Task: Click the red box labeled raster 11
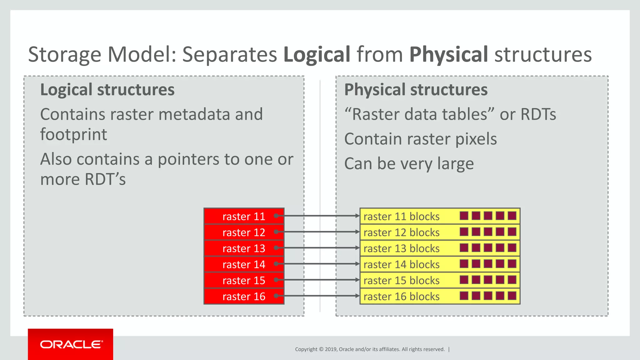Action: pos(244,216)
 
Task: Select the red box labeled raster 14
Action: pos(244,264)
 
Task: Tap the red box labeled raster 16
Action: pos(244,296)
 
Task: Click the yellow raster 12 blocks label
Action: pos(402,232)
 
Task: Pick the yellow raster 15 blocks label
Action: pos(402,281)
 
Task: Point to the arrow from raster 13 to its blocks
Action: pos(322,248)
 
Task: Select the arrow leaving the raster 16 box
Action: pos(322,296)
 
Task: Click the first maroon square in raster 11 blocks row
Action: pos(464,216)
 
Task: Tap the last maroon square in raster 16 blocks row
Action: pos(512,296)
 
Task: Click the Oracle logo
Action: pos(71,344)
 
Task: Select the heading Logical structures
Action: pos(107,90)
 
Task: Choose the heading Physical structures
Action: pos(416,90)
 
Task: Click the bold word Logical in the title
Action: pos(317,54)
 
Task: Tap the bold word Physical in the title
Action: pos(448,54)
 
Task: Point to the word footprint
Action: pos(73,134)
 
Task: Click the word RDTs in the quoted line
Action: pos(538,114)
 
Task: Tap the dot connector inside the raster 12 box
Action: pos(276,232)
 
